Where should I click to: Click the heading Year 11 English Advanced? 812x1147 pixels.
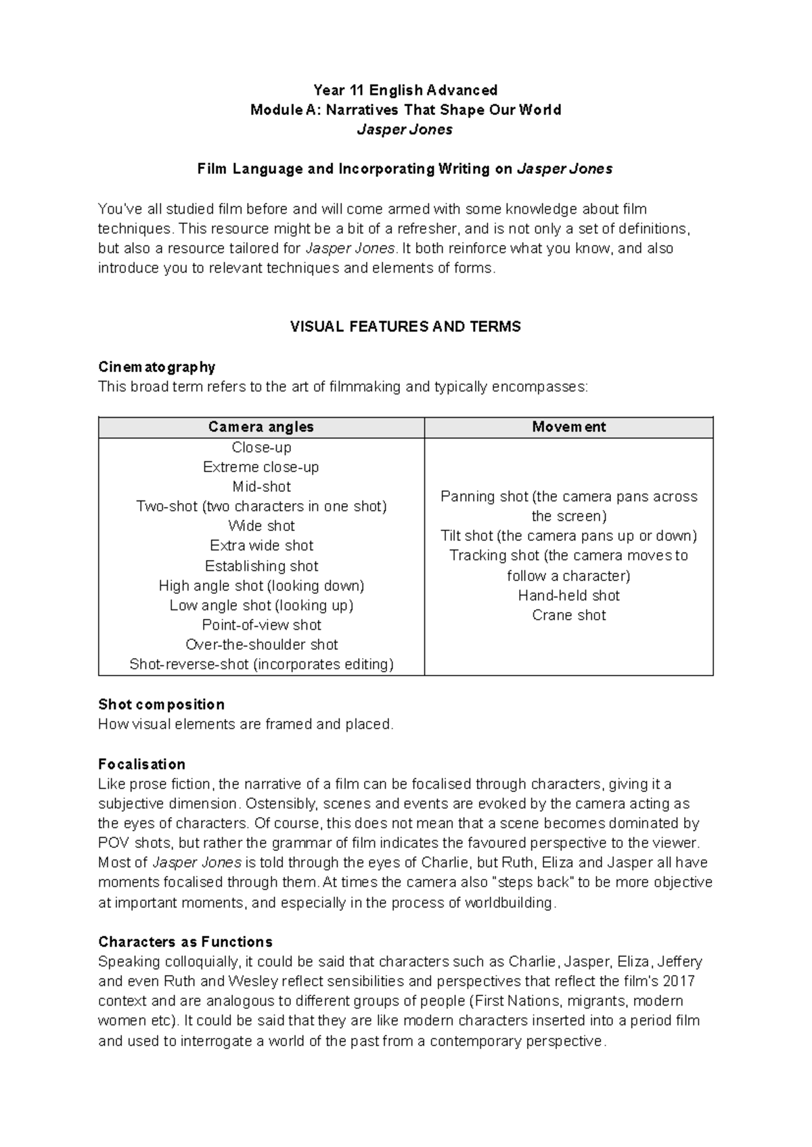tap(405, 90)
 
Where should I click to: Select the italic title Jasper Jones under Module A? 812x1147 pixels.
tap(405, 130)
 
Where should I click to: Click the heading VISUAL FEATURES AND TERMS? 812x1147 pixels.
tap(405, 327)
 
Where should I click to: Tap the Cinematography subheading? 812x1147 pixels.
tap(156, 367)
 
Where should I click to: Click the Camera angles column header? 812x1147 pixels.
tap(261, 427)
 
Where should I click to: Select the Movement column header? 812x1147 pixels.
tap(568, 427)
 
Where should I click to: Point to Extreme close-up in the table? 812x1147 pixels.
tap(261, 467)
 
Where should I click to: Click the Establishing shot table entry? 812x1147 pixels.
tap(261, 565)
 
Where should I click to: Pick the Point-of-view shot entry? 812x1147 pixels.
tap(261, 625)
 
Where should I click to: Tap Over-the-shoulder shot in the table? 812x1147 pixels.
tap(261, 645)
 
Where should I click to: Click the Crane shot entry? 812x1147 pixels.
tap(568, 615)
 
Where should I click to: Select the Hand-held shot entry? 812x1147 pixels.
tap(568, 595)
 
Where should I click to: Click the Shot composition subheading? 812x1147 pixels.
tap(161, 704)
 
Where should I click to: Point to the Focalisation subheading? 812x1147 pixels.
tap(141, 764)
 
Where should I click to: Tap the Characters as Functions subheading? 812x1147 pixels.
tap(185, 941)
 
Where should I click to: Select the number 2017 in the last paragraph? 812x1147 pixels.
tap(679, 981)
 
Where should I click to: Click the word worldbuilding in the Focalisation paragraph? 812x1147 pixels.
tap(510, 903)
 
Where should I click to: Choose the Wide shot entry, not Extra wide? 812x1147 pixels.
tap(261, 525)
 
